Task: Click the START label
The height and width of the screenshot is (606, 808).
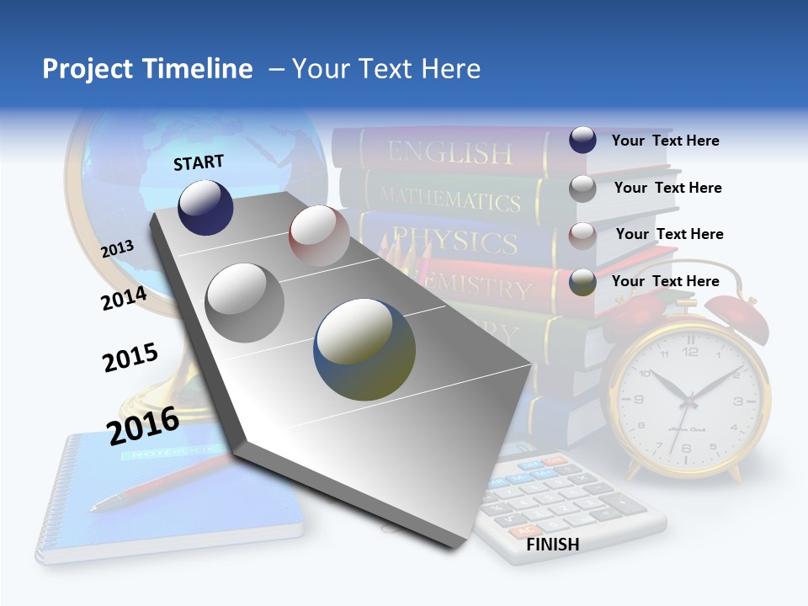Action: click(199, 162)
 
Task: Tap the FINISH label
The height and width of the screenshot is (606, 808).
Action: click(552, 545)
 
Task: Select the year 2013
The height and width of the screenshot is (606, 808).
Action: click(118, 248)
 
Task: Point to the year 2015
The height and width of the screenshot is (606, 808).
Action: click(130, 358)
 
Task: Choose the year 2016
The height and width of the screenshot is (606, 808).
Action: click(143, 425)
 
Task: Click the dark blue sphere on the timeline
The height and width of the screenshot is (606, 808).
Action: click(205, 208)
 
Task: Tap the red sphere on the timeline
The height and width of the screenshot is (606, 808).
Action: click(319, 236)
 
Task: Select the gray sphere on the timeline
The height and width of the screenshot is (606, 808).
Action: click(245, 302)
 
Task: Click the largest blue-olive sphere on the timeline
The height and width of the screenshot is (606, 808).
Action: click(364, 349)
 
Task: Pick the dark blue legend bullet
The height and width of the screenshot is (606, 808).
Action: click(582, 140)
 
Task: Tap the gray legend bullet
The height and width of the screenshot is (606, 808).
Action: click(582, 188)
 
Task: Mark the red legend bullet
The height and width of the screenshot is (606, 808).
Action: click(582, 235)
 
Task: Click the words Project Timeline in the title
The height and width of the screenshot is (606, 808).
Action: click(147, 69)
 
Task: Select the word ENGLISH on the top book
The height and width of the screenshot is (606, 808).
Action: click(449, 152)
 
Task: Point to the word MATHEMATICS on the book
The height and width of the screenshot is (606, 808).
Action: click(449, 199)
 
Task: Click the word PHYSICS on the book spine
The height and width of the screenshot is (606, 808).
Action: click(454, 242)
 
